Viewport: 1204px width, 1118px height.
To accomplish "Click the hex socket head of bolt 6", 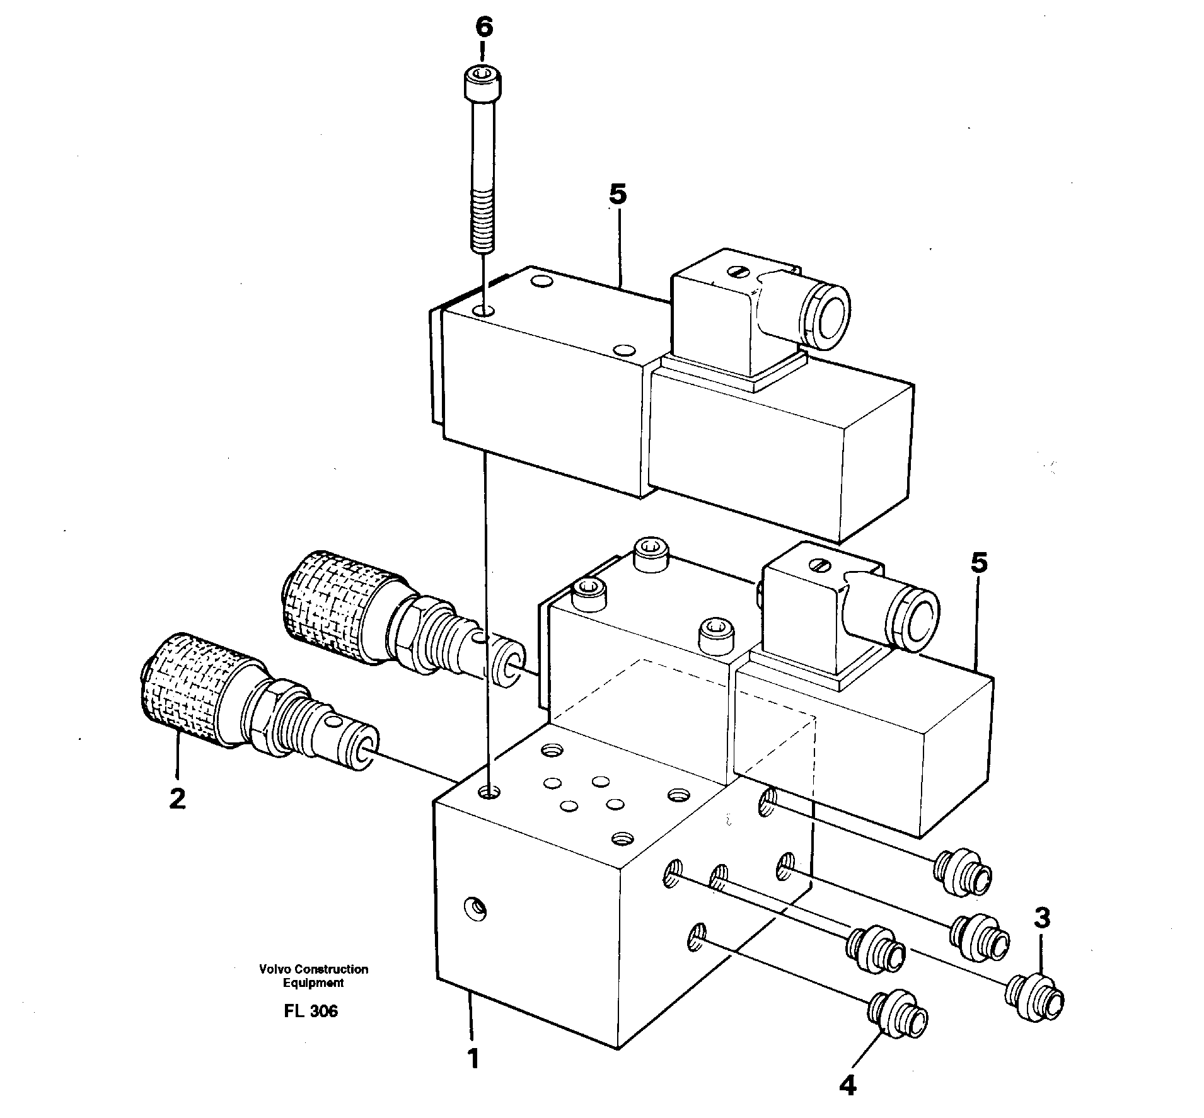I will (x=483, y=79).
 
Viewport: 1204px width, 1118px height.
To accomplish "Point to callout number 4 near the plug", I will (x=848, y=1085).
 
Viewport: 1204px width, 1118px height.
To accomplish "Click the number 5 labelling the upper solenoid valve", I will (x=618, y=195).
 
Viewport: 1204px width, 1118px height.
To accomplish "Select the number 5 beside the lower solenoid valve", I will (x=978, y=563).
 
